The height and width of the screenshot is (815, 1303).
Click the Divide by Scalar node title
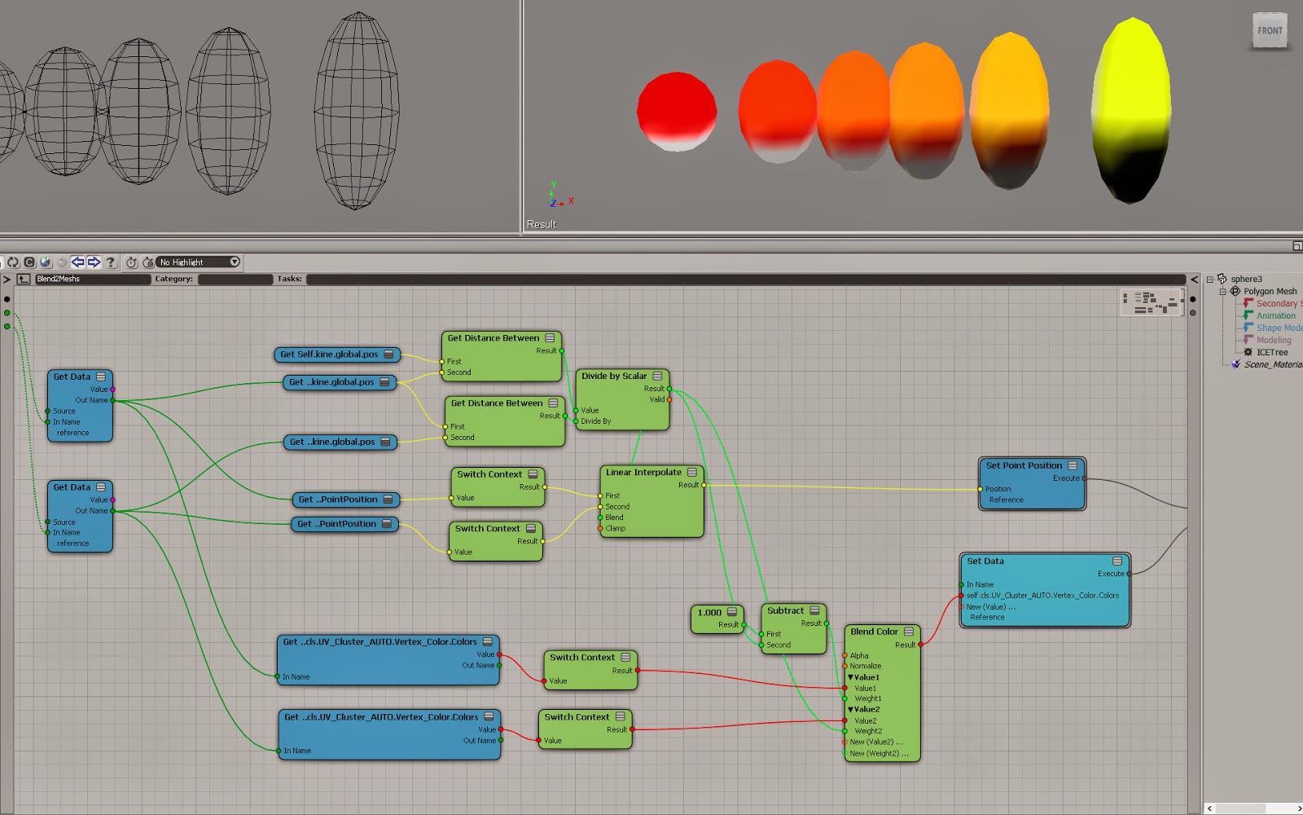click(x=614, y=376)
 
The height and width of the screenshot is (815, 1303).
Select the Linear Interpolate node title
click(x=643, y=472)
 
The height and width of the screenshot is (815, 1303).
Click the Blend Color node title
click(x=874, y=632)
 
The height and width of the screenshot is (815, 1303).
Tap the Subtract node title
click(x=785, y=610)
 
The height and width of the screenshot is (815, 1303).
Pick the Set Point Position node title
click(x=1024, y=465)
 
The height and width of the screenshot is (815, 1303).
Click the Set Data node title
click(x=985, y=561)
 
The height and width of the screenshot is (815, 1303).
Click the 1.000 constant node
click(x=710, y=612)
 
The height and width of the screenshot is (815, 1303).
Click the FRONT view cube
click(x=1270, y=31)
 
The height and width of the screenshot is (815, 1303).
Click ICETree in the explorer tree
click(x=1271, y=352)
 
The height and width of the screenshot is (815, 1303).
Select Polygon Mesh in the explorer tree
click(x=1270, y=291)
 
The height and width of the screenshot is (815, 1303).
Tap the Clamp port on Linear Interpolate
click(x=615, y=528)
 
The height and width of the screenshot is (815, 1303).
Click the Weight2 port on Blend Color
click(x=867, y=731)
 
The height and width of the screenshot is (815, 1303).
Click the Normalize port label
click(x=865, y=666)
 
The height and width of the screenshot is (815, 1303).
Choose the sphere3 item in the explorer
click(x=1246, y=279)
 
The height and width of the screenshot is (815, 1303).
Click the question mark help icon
click(x=111, y=262)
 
